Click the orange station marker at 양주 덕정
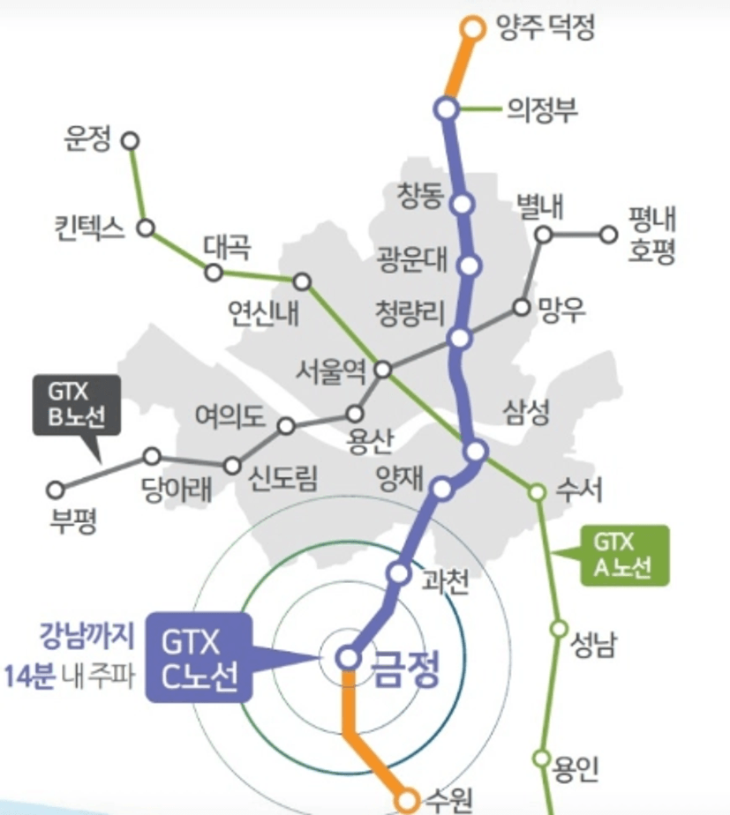point(473,28)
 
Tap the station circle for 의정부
point(447,109)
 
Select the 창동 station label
point(420,196)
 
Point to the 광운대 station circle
point(470,265)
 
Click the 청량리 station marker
point(460,339)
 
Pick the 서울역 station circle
point(383,370)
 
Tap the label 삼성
point(526,412)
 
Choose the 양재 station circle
point(441,490)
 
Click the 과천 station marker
point(399,573)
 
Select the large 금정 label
point(406,669)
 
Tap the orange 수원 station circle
point(407,800)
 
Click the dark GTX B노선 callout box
point(77,405)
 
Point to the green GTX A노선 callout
point(624,556)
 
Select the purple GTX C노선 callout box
point(199,657)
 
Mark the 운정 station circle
point(131,141)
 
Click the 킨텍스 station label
point(89,228)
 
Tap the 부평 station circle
point(56,490)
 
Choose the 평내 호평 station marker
point(608,235)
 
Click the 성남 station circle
point(559,628)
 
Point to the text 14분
point(29,677)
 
